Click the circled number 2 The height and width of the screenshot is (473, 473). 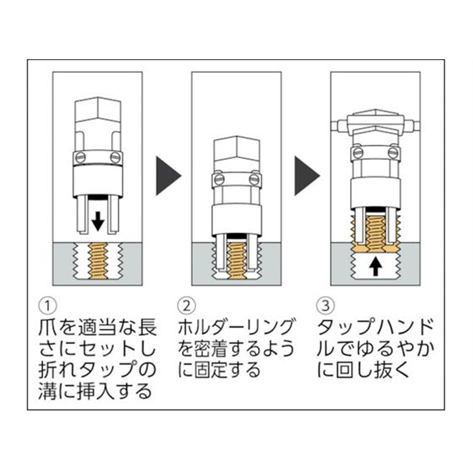tap(186, 304)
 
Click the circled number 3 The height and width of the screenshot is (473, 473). tap(324, 304)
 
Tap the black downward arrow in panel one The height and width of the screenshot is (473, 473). tap(98, 221)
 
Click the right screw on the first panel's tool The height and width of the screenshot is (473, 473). tap(115, 157)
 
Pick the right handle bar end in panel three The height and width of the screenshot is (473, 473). tap(413, 124)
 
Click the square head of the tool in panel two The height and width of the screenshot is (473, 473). tap(237, 153)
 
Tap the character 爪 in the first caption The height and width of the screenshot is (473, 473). tap(48, 326)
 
